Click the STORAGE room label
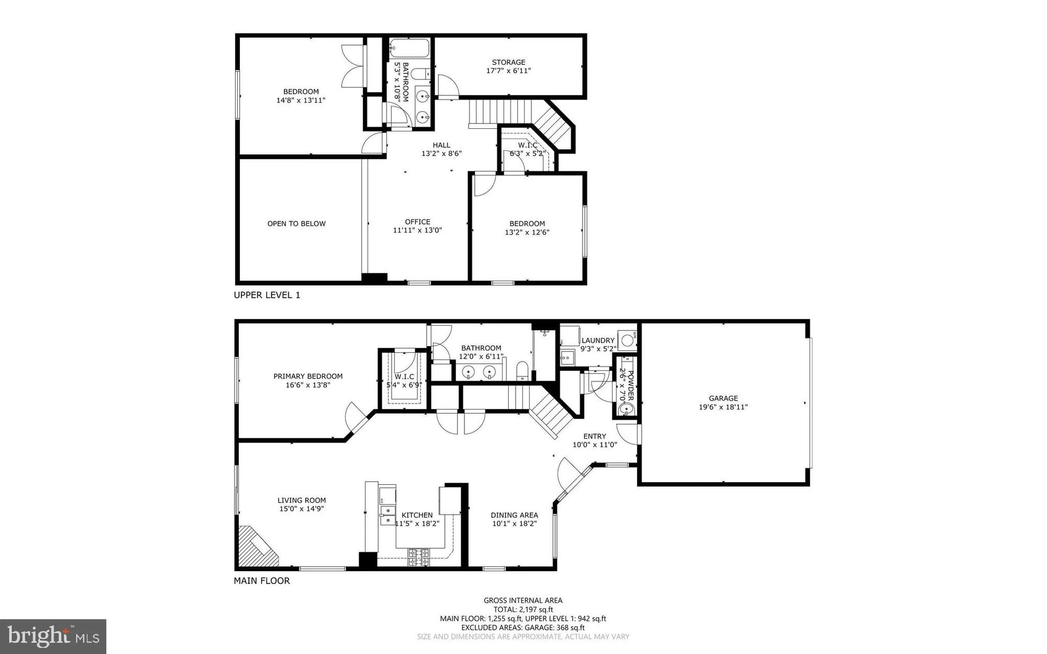(508, 62)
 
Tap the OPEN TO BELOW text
(296, 224)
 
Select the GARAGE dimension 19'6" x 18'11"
(723, 407)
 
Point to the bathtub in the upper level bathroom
(409, 49)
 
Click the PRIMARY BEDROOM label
(308, 376)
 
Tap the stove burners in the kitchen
(419, 557)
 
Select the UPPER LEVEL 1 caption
(267, 295)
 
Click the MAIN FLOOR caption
(262, 581)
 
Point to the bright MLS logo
(53, 636)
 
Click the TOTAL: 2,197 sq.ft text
(523, 609)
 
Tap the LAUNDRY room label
(598, 340)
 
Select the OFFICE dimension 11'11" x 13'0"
(417, 230)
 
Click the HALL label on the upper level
(441, 145)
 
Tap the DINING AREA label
(514, 515)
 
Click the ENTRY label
(595, 436)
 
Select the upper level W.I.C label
(528, 145)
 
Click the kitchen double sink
(387, 515)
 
